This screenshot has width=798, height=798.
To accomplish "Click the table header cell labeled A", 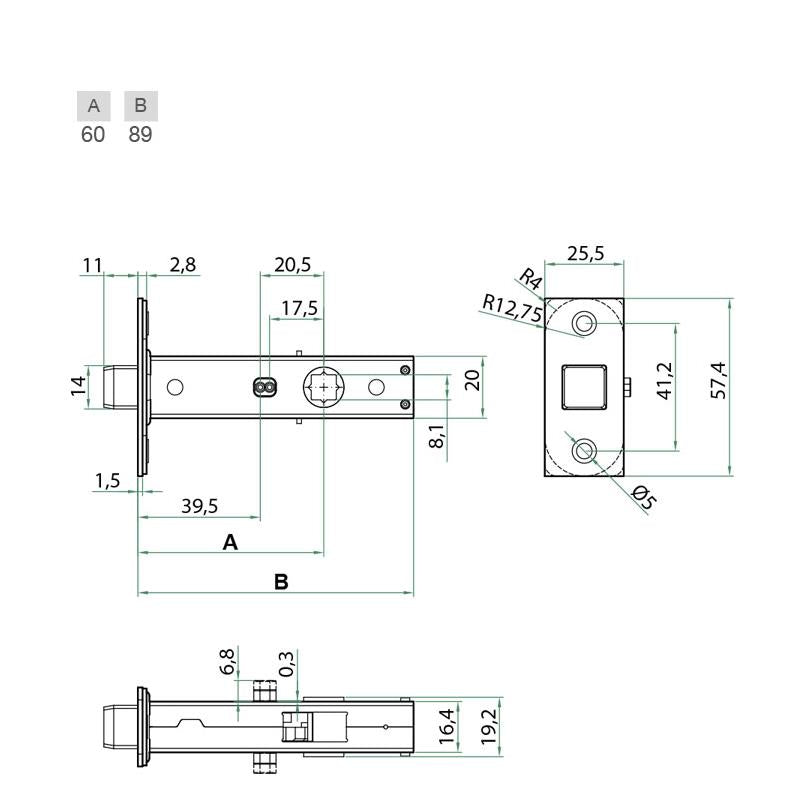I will [x=93, y=106].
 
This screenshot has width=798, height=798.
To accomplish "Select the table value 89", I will [x=140, y=134].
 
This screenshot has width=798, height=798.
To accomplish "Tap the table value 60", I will [x=93, y=134].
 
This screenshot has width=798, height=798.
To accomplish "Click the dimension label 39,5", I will [x=200, y=506].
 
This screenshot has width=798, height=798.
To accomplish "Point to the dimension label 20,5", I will [x=292, y=265].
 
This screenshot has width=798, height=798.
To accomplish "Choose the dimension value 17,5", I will [x=299, y=308].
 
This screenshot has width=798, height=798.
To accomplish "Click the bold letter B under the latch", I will [x=281, y=582].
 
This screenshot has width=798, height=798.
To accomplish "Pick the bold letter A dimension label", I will [x=230, y=542].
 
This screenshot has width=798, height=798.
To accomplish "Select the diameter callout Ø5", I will [x=643, y=497].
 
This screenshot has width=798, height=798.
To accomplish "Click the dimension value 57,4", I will [x=718, y=381].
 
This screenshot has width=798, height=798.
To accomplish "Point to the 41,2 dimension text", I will [x=665, y=381].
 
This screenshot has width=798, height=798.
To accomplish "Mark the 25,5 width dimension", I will [x=586, y=254].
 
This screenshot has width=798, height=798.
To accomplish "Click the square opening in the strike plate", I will [x=584, y=387].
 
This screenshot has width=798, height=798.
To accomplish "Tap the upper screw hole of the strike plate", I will [x=584, y=323].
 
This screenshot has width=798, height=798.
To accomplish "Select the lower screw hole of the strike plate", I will [x=584, y=451].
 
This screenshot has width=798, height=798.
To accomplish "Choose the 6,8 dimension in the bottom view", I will [x=228, y=662].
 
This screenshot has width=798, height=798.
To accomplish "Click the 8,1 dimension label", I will [x=436, y=435].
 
